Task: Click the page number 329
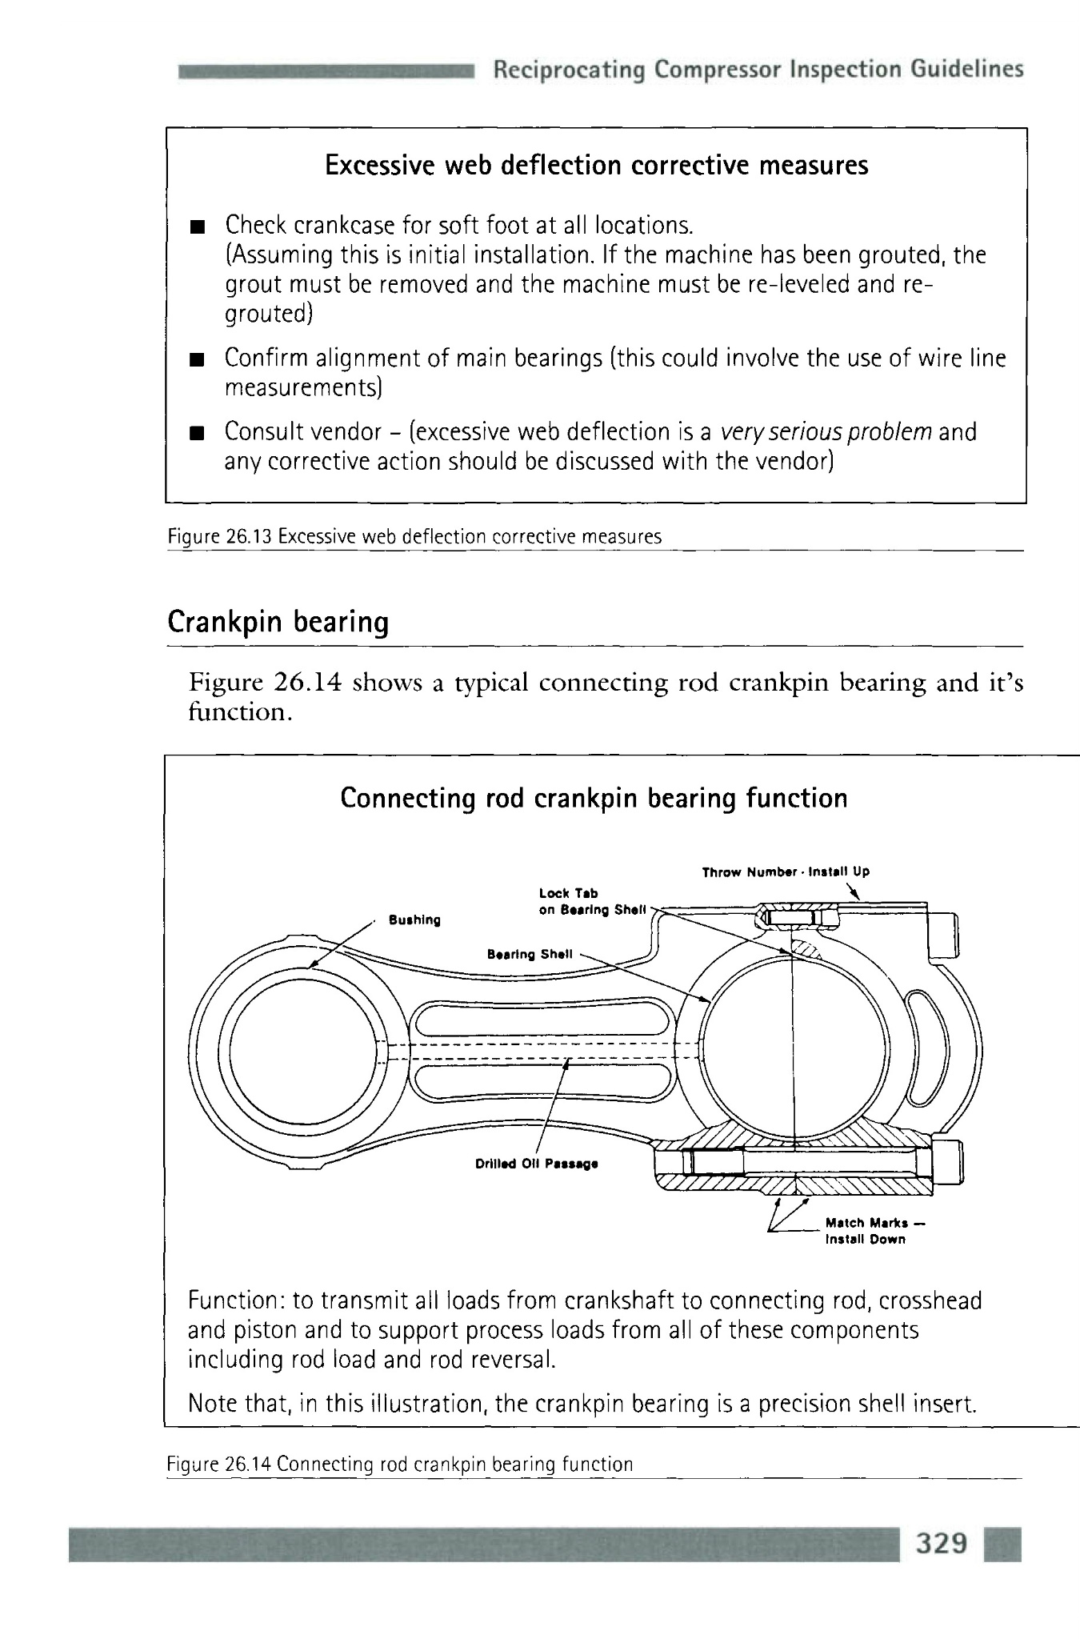coord(942,1542)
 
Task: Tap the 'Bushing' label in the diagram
coord(414,920)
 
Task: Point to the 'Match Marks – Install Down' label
coord(866,1231)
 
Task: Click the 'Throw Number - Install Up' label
coord(785,872)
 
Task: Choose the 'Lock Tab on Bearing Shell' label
coord(592,901)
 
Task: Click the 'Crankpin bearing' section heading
coord(278,622)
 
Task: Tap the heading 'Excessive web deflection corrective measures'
coord(596,166)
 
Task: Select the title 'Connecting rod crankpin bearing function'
coord(594,798)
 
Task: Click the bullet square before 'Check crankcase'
coord(194,226)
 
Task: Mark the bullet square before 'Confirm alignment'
coord(194,361)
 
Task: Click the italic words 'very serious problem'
coord(826,432)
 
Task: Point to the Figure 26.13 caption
coord(414,537)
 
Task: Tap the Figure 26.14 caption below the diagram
coord(400,1465)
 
